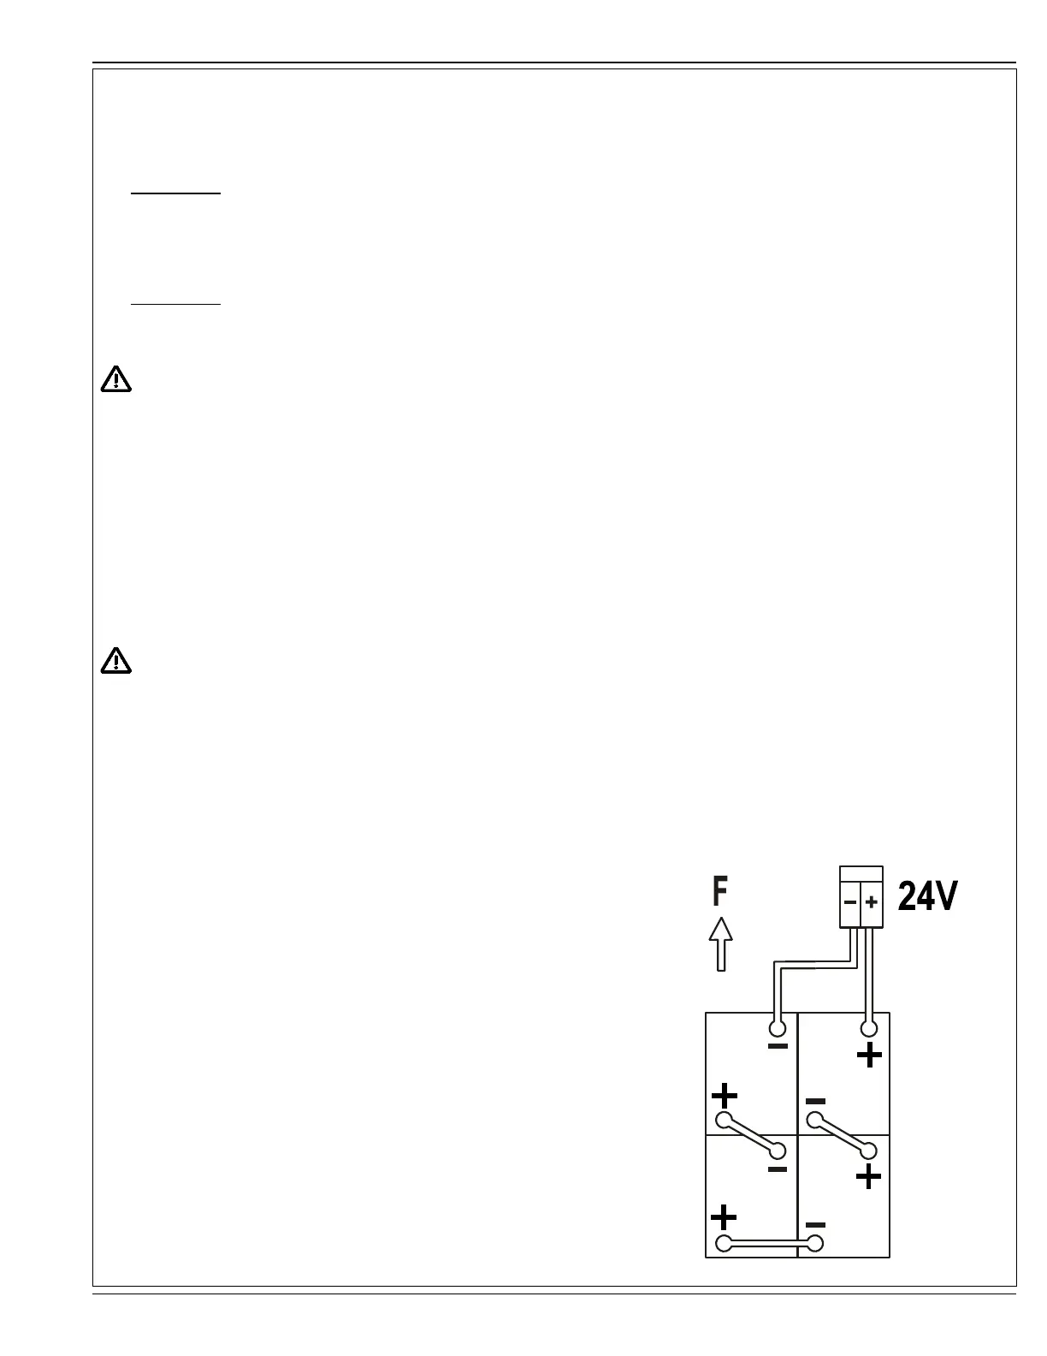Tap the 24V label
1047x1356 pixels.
(927, 897)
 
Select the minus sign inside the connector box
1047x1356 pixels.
(849, 902)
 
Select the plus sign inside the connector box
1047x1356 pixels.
(871, 902)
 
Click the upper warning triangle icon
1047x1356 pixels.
(116, 378)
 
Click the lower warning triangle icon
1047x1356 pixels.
(116, 661)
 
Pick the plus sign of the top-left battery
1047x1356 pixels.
(724, 1096)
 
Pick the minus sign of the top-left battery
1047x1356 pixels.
(778, 1046)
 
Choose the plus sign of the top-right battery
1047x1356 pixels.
(869, 1056)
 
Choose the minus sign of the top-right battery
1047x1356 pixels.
(815, 1101)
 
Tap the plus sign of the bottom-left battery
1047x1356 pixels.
(724, 1216)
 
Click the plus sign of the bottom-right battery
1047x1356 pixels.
(868, 1178)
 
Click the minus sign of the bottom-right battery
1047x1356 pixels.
(815, 1225)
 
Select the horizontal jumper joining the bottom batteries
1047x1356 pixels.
(770, 1244)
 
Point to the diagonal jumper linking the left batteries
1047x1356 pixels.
(751, 1135)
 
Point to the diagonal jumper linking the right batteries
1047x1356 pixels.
(843, 1135)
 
